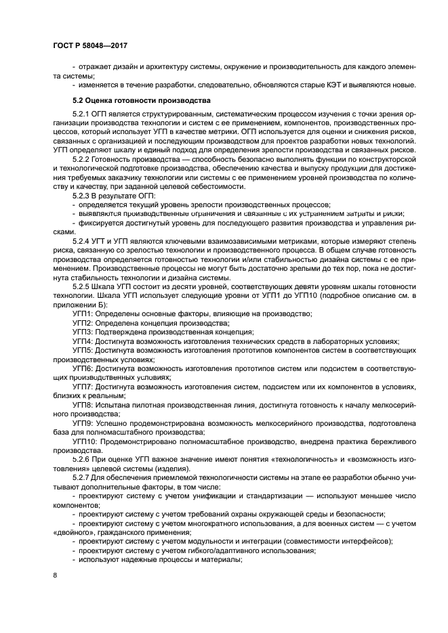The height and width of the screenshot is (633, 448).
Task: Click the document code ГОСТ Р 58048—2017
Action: [x=89, y=45]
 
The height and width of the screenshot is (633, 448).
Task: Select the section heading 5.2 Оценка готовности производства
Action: [x=142, y=101]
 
